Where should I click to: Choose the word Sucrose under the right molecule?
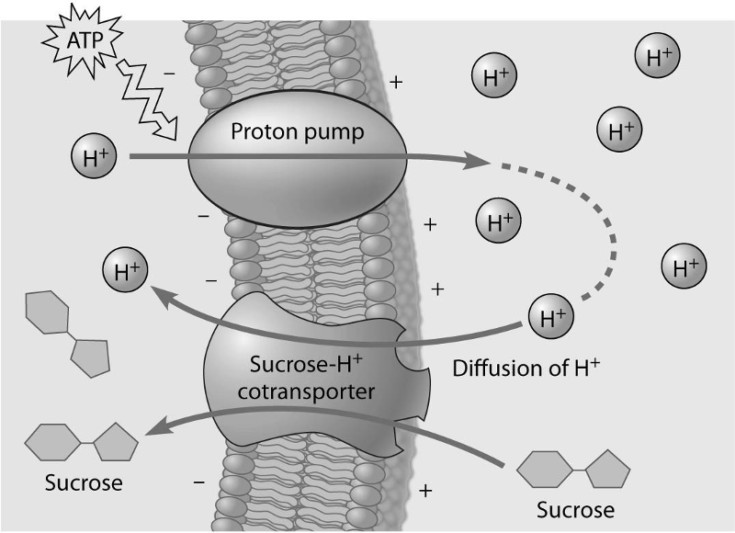click(576, 508)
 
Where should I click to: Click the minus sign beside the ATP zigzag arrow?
click(169, 69)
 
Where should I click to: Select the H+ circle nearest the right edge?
click(684, 268)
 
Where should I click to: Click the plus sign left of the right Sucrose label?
click(424, 491)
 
